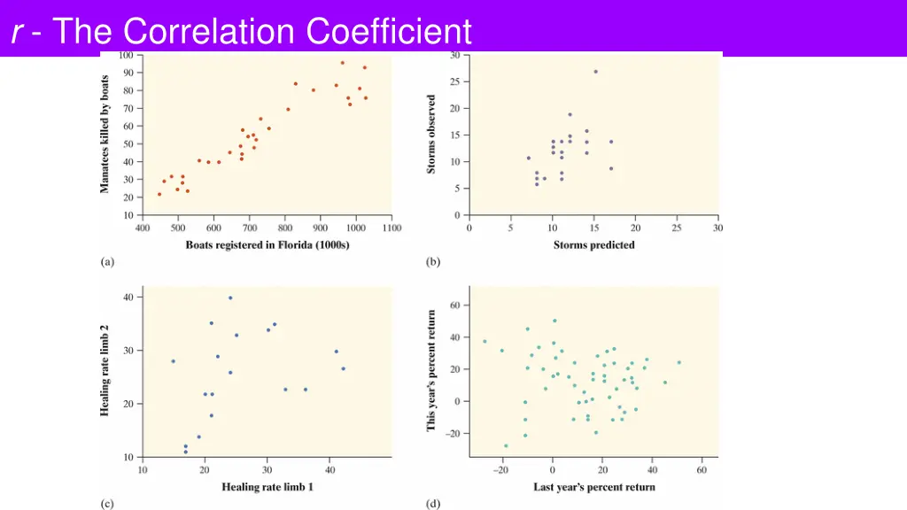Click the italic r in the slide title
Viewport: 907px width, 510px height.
(x=17, y=33)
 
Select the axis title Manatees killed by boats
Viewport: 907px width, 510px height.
(x=105, y=134)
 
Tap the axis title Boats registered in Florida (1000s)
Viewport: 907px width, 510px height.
(x=267, y=245)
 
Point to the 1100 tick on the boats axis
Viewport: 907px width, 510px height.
(x=391, y=228)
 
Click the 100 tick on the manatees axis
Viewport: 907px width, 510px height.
(x=127, y=55)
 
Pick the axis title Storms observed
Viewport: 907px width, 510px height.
(x=432, y=134)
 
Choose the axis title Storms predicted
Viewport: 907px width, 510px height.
(x=593, y=245)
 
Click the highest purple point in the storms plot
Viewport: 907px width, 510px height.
(x=595, y=72)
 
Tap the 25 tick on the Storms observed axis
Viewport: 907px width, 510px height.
(x=453, y=81)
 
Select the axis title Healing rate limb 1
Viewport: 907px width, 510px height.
(x=267, y=487)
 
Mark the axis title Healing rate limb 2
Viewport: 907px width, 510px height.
(x=105, y=371)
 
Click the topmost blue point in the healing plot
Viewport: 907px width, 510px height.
(x=230, y=298)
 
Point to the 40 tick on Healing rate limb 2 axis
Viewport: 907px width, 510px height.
(x=128, y=297)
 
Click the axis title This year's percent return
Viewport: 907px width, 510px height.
(x=432, y=371)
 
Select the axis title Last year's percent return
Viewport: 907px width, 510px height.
(x=594, y=487)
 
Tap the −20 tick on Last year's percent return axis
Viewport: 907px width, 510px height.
(x=501, y=470)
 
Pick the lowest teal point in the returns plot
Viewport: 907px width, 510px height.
(x=506, y=446)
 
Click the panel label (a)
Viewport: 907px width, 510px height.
(x=107, y=262)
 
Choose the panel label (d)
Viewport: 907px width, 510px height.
(x=433, y=504)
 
